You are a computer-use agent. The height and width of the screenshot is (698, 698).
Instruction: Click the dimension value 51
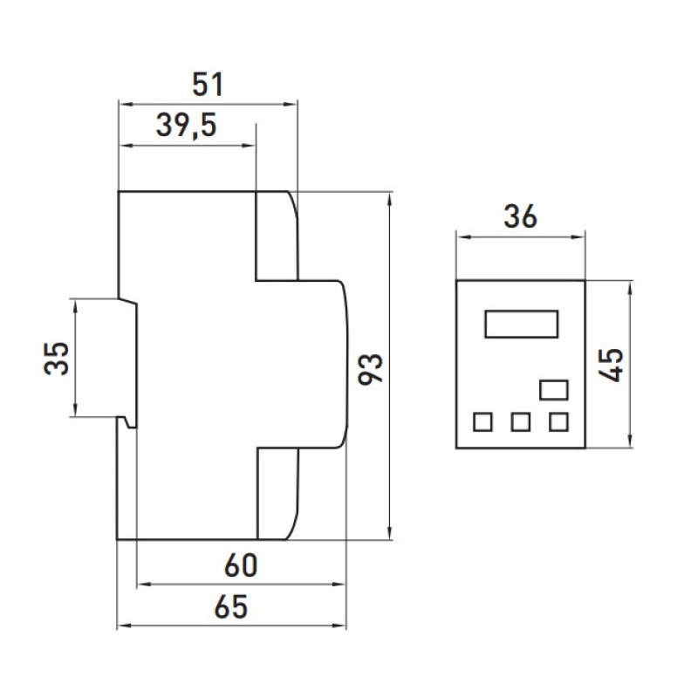click(x=208, y=85)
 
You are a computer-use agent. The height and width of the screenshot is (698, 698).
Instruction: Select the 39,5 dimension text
click(x=187, y=126)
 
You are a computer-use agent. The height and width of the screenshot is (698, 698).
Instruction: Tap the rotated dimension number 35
click(x=57, y=359)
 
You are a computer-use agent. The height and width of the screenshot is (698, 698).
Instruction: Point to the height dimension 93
click(x=371, y=369)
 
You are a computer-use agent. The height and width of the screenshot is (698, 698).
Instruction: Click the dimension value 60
click(x=241, y=565)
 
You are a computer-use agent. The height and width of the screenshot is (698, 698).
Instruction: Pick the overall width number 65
click(x=231, y=606)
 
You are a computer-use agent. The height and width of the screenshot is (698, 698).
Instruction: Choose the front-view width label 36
click(x=520, y=216)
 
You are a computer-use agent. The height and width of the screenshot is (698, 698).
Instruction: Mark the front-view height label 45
click(x=611, y=365)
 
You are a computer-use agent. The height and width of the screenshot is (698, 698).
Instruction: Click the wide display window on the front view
click(x=521, y=324)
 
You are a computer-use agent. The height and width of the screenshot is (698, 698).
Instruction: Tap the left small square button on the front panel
click(x=483, y=421)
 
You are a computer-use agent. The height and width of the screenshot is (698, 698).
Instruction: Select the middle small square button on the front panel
click(x=521, y=421)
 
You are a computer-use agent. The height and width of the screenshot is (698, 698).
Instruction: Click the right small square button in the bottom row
click(x=558, y=421)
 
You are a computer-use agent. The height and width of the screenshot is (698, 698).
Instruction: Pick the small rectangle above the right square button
click(x=554, y=390)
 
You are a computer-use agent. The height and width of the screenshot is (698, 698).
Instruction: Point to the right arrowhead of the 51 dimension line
click(x=291, y=104)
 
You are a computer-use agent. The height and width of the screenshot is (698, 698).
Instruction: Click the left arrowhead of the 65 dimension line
click(x=124, y=626)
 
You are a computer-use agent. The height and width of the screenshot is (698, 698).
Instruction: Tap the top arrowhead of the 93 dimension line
click(x=390, y=199)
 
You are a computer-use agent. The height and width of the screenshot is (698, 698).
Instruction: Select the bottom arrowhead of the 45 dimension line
click(x=629, y=441)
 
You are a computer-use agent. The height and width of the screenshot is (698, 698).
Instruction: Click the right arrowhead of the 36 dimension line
click(x=578, y=237)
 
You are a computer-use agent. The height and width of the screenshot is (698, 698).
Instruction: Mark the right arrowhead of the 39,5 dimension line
click(x=249, y=145)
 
